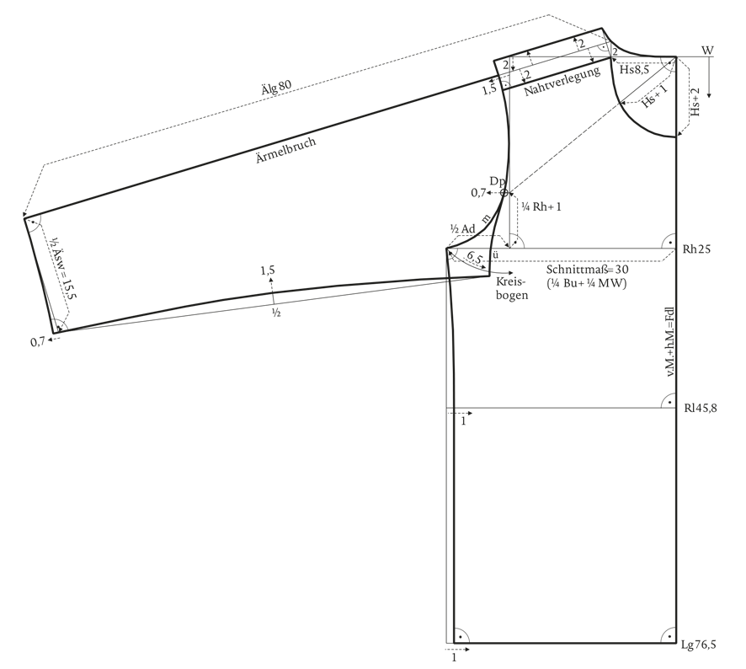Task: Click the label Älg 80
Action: (x=276, y=87)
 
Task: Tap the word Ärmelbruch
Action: (x=286, y=151)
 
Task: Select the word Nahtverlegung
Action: (x=562, y=82)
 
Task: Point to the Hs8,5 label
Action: (x=634, y=70)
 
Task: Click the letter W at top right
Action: (x=707, y=51)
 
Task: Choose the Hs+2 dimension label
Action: (x=695, y=102)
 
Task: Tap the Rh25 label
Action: (x=696, y=249)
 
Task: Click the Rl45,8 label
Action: (x=701, y=408)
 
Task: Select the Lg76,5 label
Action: (x=698, y=645)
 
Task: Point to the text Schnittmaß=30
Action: (x=587, y=270)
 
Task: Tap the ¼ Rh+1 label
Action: (x=541, y=207)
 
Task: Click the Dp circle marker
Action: (x=504, y=193)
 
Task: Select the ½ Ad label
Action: (x=462, y=229)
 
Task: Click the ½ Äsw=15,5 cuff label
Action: (x=64, y=268)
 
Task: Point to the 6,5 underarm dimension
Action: (x=474, y=258)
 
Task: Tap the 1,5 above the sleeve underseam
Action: (x=268, y=270)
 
